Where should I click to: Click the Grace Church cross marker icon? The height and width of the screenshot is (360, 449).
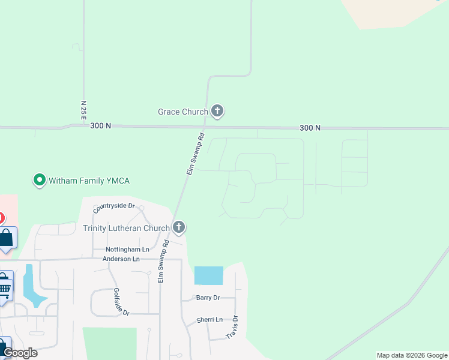[x=217, y=111]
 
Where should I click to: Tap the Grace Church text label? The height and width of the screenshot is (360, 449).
[x=182, y=112]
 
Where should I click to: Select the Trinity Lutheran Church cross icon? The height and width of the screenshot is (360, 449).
[x=178, y=227]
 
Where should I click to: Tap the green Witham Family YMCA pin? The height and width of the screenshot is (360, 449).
[x=39, y=180]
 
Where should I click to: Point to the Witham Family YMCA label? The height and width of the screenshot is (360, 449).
[x=89, y=181]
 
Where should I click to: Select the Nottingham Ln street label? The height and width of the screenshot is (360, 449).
[x=127, y=249]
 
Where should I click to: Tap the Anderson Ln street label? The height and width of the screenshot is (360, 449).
[x=121, y=259]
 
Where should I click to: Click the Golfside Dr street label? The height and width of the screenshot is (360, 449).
[x=117, y=302]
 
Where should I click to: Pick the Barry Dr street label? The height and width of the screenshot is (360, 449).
[x=208, y=298]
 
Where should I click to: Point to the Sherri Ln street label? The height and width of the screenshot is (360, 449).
[x=209, y=320]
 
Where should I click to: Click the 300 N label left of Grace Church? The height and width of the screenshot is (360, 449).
[x=100, y=126]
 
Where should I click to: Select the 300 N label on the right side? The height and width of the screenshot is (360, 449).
[x=310, y=128]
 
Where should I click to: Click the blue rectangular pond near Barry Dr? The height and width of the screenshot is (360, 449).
[x=208, y=275]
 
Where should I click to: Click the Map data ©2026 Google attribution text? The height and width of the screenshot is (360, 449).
[x=412, y=355]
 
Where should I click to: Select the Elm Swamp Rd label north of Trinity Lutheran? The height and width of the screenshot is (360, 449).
[x=195, y=154]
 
